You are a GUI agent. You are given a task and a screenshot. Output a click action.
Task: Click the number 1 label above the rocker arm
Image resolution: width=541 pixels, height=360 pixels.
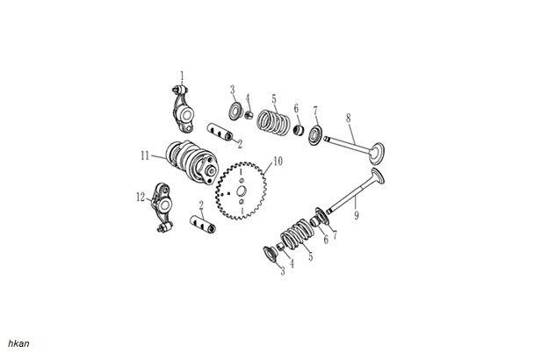coord(183,75)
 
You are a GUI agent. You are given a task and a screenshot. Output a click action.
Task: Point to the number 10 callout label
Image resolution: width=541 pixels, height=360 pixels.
coord(278,162)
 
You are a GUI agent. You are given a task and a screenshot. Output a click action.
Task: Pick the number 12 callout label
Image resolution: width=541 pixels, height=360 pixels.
coord(141,198)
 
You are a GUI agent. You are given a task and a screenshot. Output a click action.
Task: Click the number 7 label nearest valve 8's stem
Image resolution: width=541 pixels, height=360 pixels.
coord(316,111)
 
